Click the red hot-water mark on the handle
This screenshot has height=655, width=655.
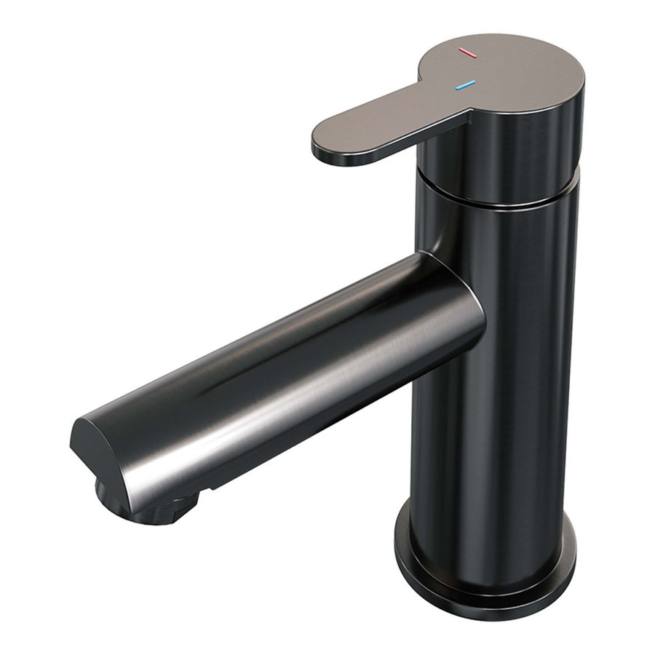pos(467,54)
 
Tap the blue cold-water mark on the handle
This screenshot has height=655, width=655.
pos(464,86)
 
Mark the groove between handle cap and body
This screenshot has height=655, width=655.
pos(502,199)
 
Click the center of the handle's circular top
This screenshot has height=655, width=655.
pos(509,69)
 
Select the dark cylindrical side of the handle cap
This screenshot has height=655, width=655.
pos(509,153)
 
